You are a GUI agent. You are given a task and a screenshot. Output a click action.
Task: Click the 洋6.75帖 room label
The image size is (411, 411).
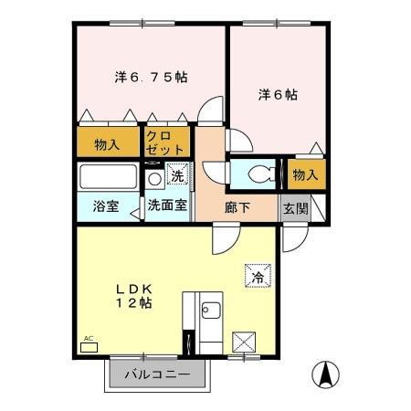point(151,79)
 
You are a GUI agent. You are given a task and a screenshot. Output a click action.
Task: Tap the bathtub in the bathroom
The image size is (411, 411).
point(108,176)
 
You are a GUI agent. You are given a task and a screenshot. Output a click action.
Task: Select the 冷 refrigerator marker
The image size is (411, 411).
point(257,273)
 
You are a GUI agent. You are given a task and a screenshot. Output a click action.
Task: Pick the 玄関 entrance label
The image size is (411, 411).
point(294,207)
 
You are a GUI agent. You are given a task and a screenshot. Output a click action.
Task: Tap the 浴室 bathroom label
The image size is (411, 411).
point(105,207)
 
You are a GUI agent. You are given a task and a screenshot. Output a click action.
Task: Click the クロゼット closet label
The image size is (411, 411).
point(165,142)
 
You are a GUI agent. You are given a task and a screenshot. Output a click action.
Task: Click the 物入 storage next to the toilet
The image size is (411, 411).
point(304,174)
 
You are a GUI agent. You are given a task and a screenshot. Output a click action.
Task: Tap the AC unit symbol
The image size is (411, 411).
point(89,347)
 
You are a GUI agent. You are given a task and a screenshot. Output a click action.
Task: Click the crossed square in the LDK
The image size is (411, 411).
point(245,343)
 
